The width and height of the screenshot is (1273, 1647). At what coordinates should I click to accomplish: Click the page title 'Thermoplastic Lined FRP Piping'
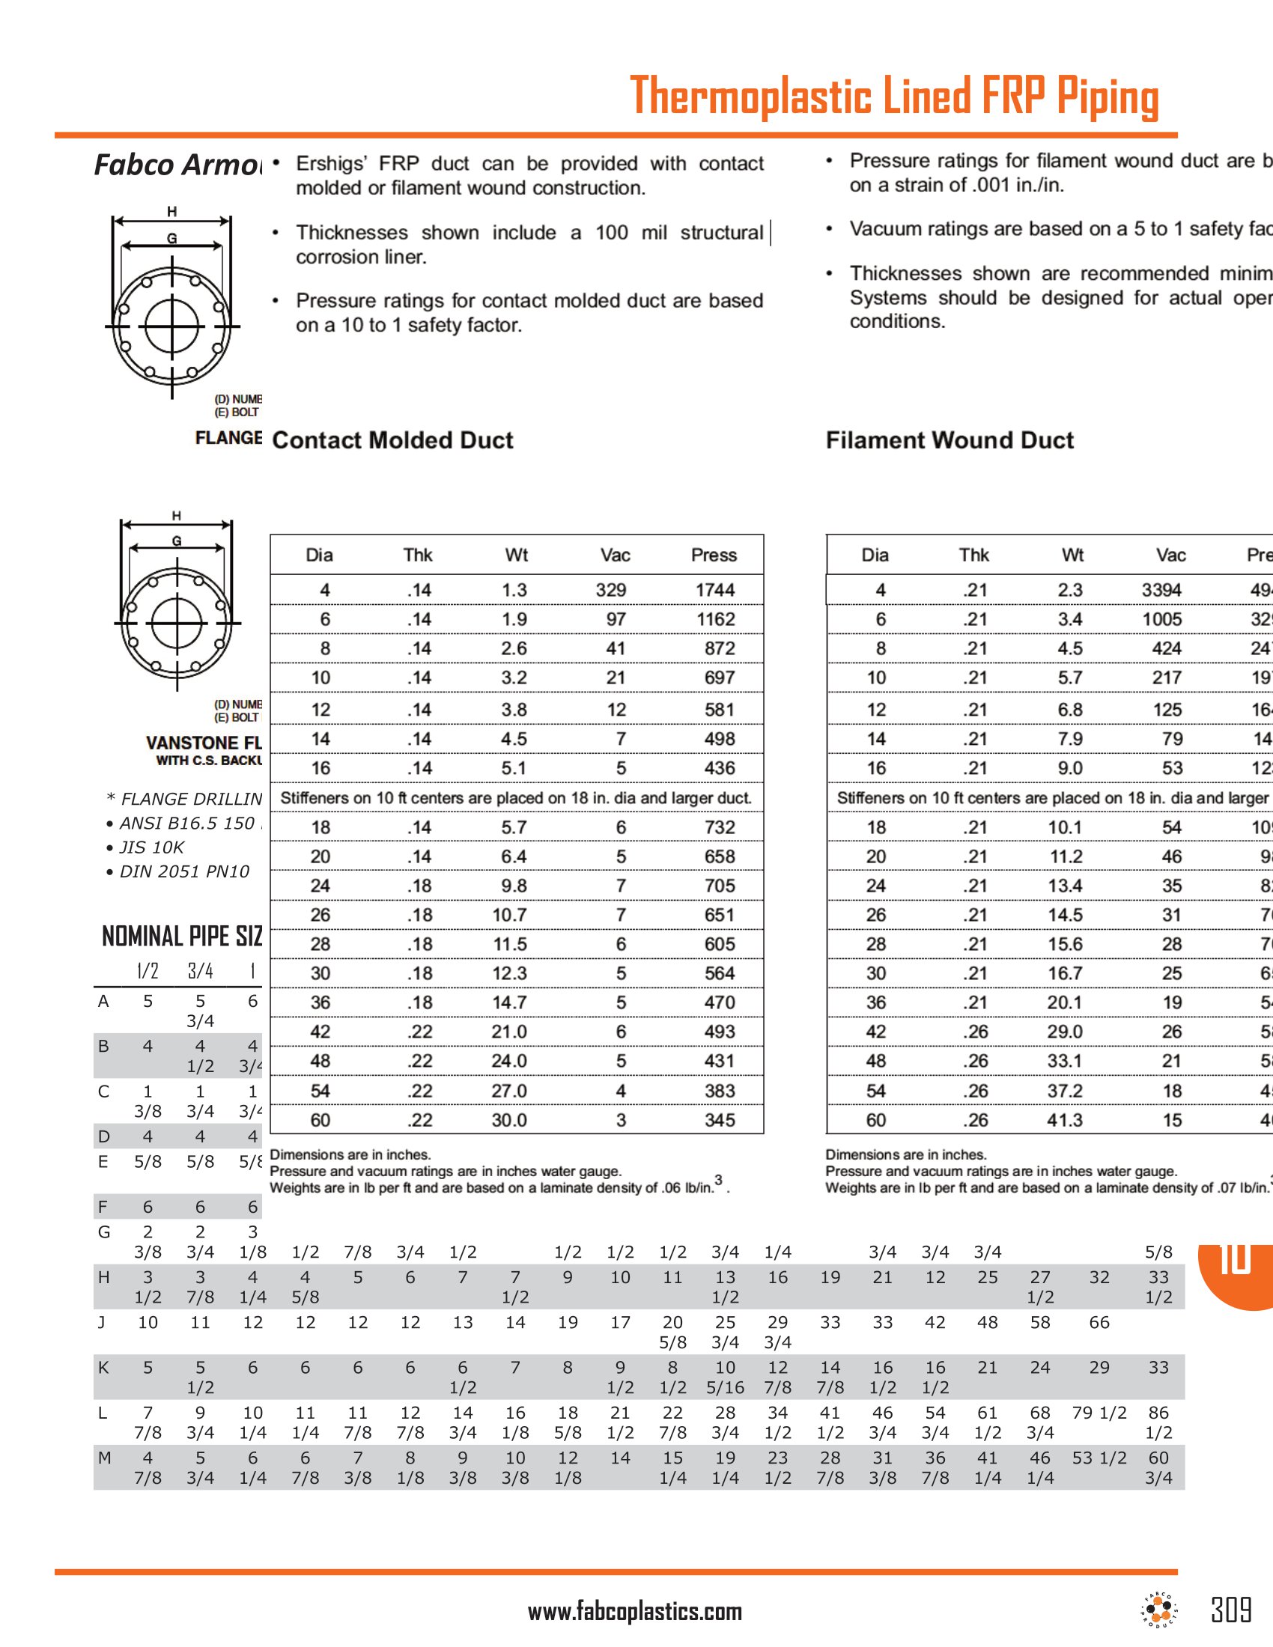click(x=893, y=96)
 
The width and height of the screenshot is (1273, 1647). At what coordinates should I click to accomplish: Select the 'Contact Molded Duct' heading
click(x=392, y=440)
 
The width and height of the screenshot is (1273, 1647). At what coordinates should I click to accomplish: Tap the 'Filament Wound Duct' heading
click(x=950, y=440)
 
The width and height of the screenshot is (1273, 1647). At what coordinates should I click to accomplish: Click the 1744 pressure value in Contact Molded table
click(x=715, y=590)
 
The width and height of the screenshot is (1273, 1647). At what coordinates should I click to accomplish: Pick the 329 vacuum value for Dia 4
click(x=611, y=590)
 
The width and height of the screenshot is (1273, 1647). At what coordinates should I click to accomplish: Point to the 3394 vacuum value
click(x=1161, y=590)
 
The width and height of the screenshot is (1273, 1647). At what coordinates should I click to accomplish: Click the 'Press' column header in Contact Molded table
click(x=714, y=555)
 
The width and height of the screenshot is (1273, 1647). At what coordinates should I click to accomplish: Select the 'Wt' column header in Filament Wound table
click(x=1072, y=555)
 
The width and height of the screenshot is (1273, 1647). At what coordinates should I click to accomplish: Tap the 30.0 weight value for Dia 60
click(x=509, y=1120)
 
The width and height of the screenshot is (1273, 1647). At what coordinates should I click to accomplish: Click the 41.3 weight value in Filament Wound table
click(x=1064, y=1120)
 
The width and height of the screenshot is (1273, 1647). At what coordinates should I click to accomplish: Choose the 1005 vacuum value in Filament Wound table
click(x=1161, y=619)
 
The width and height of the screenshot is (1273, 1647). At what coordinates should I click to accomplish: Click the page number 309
click(x=1231, y=1610)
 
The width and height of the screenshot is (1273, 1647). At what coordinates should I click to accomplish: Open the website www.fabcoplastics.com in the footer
click(x=635, y=1612)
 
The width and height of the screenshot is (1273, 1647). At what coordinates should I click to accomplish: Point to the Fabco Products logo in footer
click(x=1159, y=1610)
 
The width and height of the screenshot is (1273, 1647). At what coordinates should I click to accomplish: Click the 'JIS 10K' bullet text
click(x=151, y=847)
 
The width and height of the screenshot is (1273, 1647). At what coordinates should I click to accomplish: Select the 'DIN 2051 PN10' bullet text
click(x=183, y=871)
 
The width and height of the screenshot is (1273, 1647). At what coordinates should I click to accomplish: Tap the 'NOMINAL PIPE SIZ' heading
click(x=182, y=936)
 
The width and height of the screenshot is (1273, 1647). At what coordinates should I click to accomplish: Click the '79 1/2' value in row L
click(x=1099, y=1413)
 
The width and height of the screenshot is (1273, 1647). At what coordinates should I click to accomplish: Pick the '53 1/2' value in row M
click(x=1099, y=1458)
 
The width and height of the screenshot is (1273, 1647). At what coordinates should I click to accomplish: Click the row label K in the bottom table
click(x=104, y=1367)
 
